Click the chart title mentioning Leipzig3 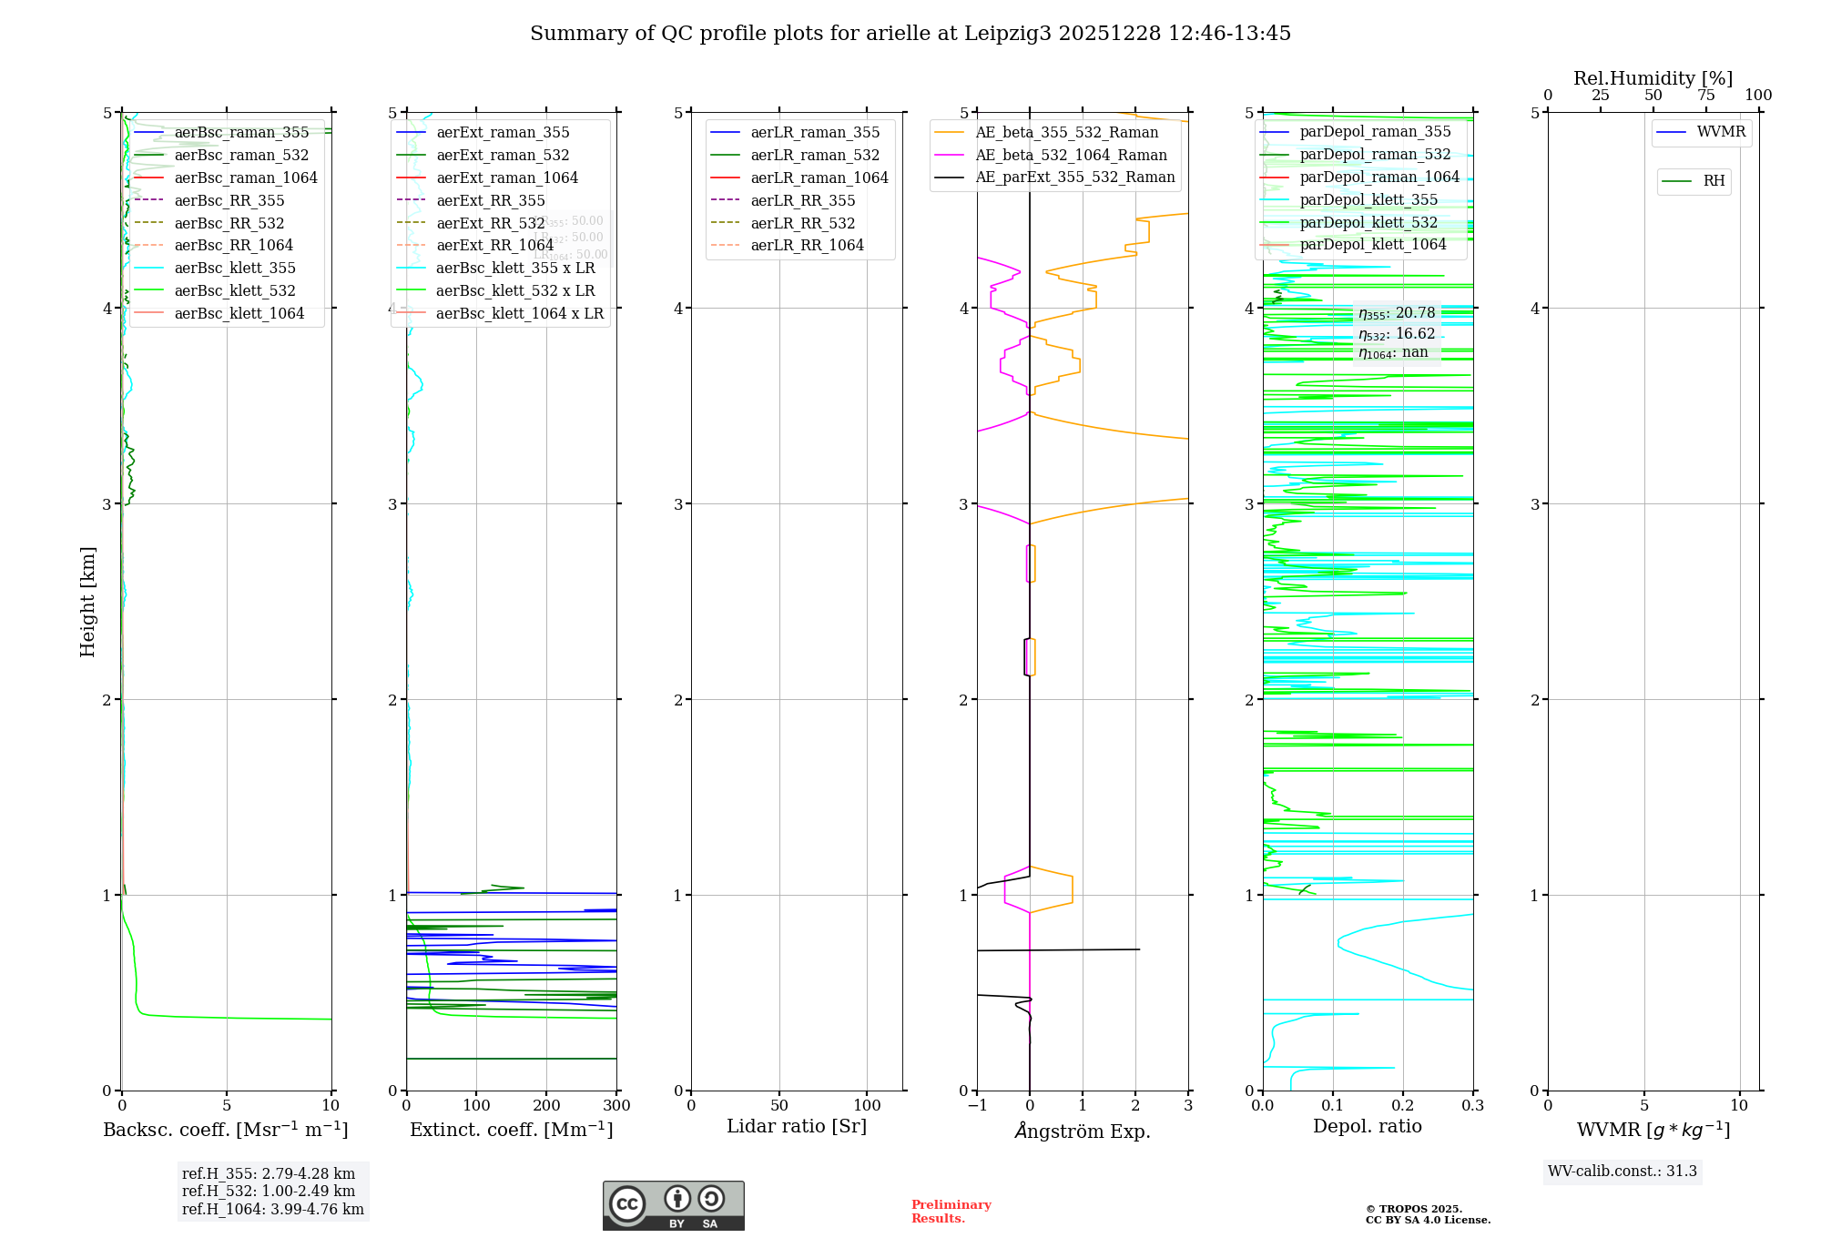[x=910, y=34]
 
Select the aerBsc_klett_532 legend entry [x=234, y=291]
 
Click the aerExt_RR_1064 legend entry [x=494, y=246]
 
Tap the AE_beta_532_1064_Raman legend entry [x=1071, y=156]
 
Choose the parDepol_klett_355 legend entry [x=1368, y=200]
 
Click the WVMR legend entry [x=1721, y=132]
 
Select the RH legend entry [x=1714, y=181]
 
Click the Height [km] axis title [x=87, y=601]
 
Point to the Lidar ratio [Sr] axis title [x=797, y=1126]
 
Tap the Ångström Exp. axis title [x=1083, y=1131]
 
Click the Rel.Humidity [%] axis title [x=1653, y=78]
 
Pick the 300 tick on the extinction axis [x=617, y=1106]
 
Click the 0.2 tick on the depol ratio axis [x=1403, y=1106]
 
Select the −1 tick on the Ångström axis [x=977, y=1106]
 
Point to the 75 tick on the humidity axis [x=1705, y=96]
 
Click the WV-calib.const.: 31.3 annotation [x=1623, y=1172]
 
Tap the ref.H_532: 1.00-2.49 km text [x=269, y=1192]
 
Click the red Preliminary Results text [x=951, y=1212]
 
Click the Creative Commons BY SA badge [x=673, y=1205]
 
